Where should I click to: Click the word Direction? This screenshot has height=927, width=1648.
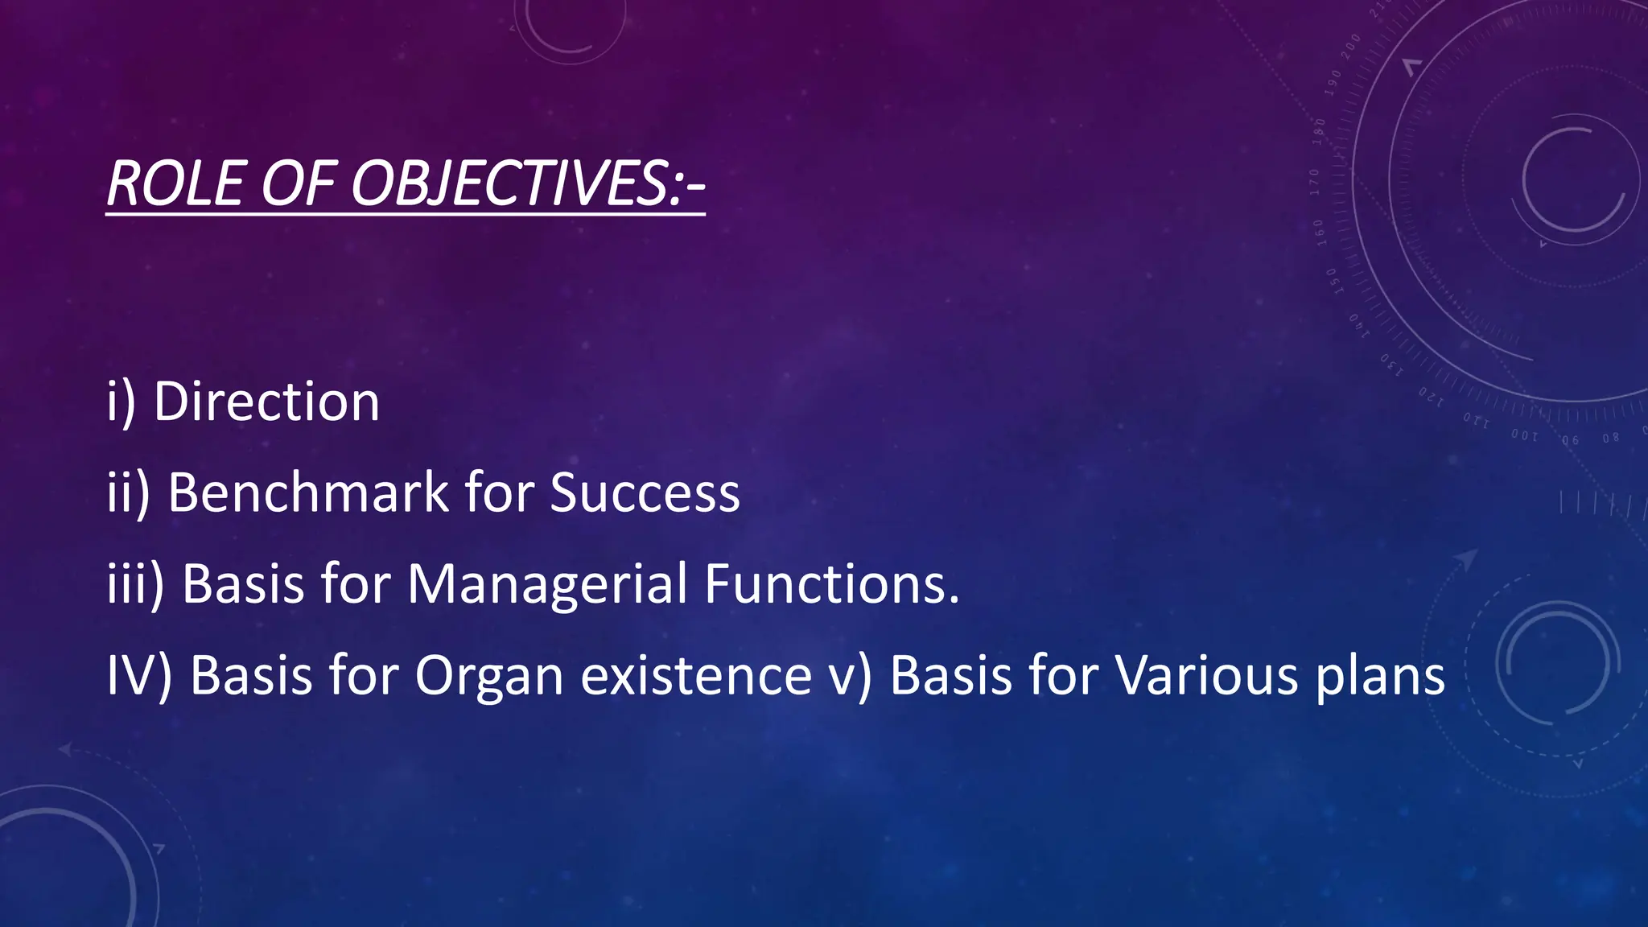[266, 402]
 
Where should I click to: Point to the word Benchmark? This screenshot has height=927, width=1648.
[307, 492]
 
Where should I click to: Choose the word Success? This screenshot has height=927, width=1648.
[645, 492]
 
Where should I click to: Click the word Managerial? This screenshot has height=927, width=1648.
[547, 583]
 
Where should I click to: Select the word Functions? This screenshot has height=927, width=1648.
[832, 583]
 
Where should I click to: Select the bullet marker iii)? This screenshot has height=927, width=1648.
[135, 583]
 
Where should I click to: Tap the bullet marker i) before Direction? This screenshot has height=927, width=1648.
[121, 402]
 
